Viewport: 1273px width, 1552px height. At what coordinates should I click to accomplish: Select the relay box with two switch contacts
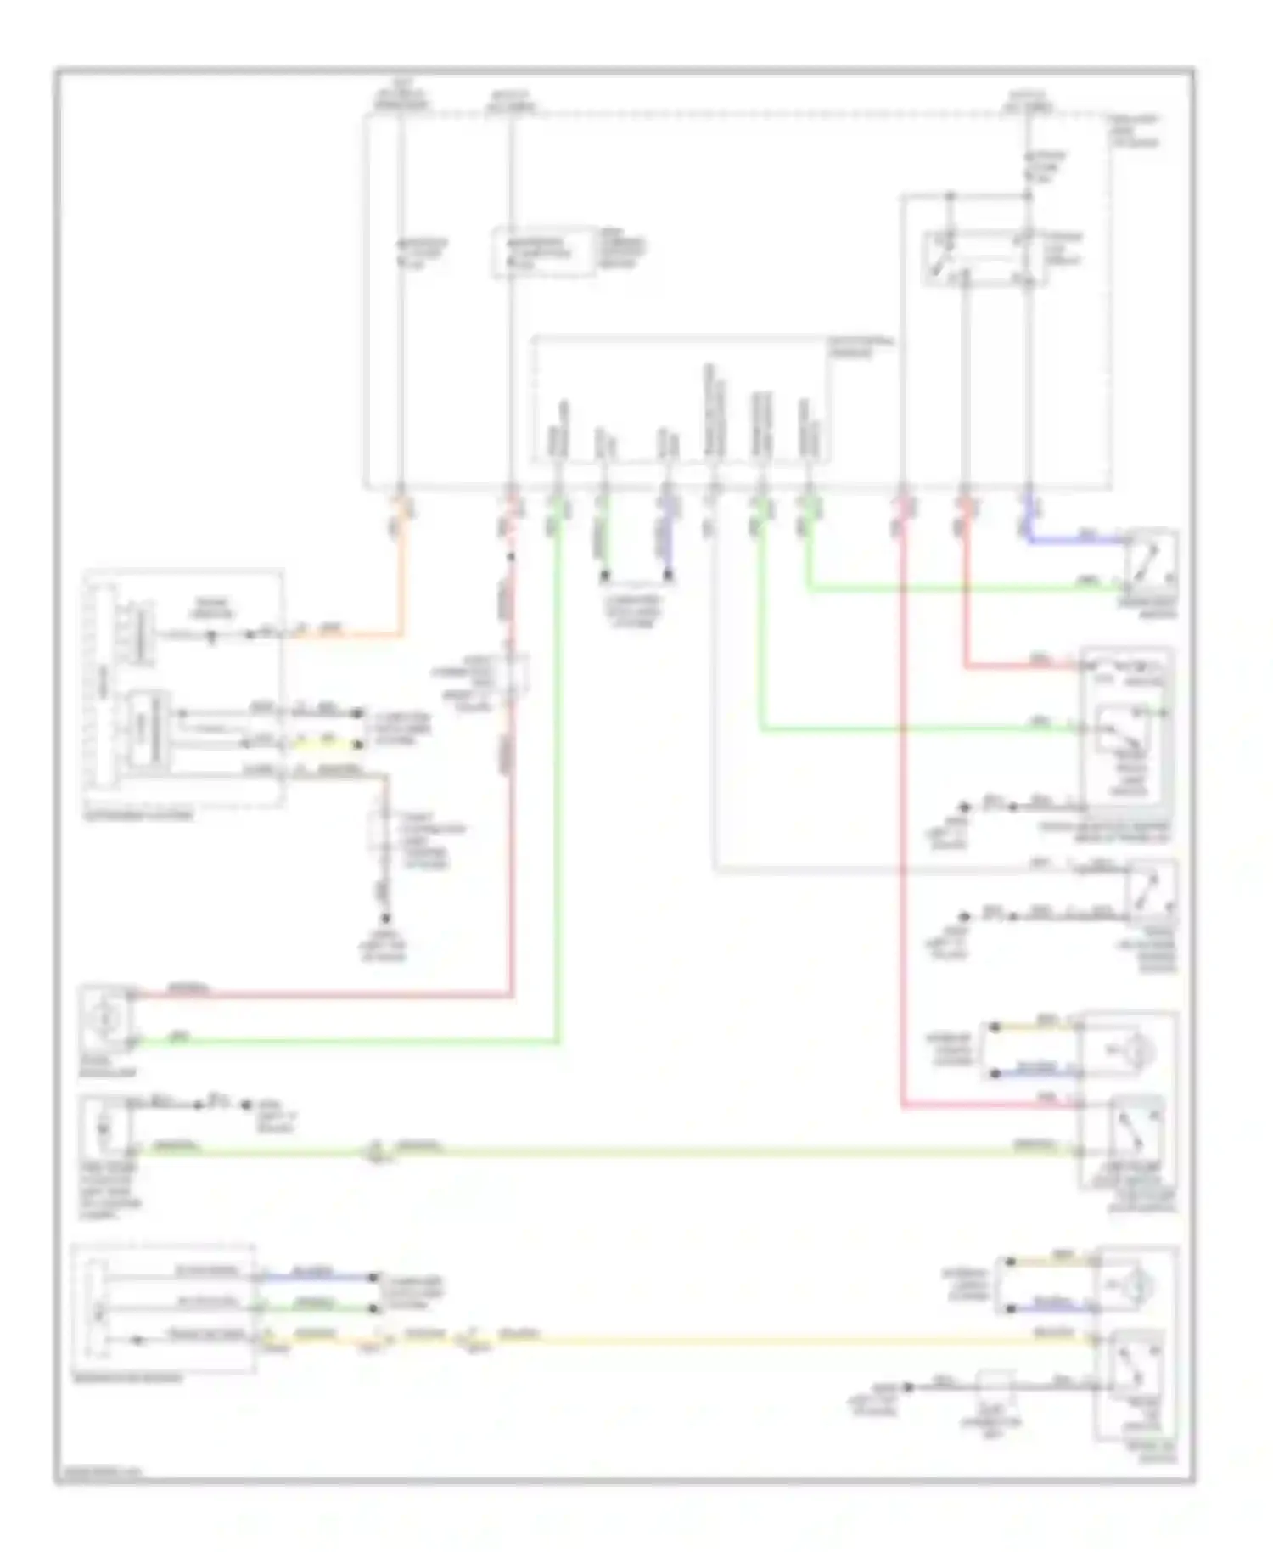pos(984,257)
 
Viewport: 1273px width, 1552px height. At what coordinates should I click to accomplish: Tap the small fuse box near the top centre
pos(543,251)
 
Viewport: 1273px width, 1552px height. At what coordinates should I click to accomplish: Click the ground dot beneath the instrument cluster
pos(386,919)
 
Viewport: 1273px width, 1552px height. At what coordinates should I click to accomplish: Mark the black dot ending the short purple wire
pos(669,577)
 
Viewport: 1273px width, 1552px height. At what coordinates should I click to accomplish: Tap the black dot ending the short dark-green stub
pos(604,577)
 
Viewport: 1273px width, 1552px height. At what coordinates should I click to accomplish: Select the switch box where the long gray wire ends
pos(1151,891)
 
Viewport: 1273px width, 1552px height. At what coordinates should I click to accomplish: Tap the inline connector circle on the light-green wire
pos(374,1152)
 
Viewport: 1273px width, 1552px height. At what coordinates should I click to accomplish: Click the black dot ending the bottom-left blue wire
pos(371,1276)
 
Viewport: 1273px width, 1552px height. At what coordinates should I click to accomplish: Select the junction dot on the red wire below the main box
pos(511,558)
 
